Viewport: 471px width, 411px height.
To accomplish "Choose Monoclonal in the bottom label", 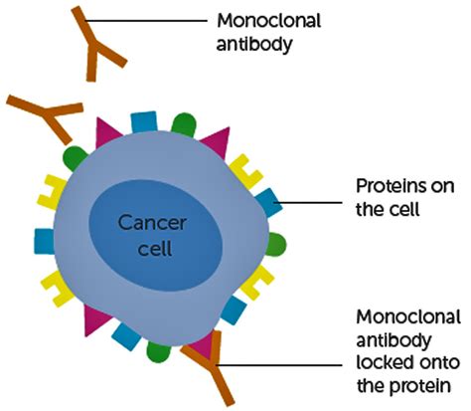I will pyautogui.click(x=407, y=317).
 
